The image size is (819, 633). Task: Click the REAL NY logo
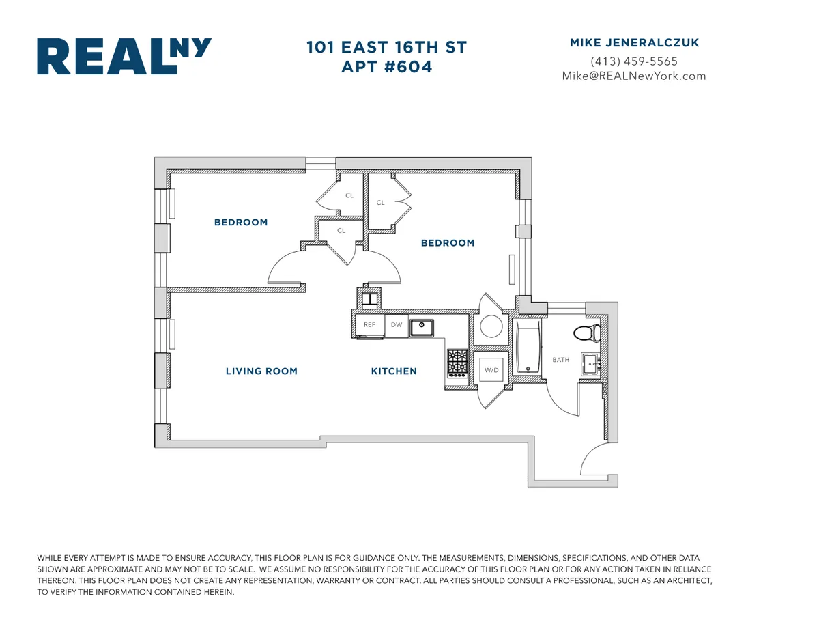click(124, 56)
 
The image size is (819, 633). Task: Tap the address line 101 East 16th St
click(386, 48)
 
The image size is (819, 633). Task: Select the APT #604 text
click(386, 67)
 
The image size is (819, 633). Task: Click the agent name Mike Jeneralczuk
click(634, 43)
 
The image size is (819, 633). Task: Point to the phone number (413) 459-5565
click(634, 61)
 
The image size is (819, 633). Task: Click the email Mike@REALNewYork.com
click(634, 76)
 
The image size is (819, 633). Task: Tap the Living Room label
click(261, 371)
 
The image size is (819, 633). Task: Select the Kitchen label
click(394, 371)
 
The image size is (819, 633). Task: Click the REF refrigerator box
click(369, 326)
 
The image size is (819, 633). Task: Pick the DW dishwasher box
click(397, 326)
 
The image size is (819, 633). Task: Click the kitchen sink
click(422, 327)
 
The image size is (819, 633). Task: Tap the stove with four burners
click(457, 363)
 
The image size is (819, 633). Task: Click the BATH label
click(561, 360)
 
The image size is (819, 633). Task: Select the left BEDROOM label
click(241, 223)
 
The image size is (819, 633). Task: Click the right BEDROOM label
click(448, 243)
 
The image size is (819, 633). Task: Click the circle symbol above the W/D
click(491, 326)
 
